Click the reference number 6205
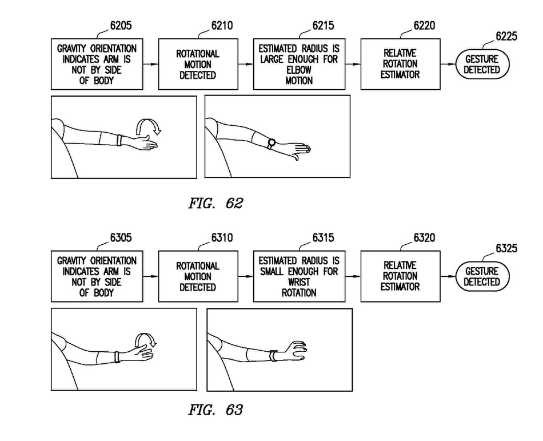tap(121, 26)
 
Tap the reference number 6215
tap(323, 26)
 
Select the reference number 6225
tap(506, 36)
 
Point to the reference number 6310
tap(222, 237)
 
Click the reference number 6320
tap(424, 237)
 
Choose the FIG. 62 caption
tap(215, 204)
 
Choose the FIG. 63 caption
tap(215, 410)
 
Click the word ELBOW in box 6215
tap(299, 70)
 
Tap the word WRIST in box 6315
tap(299, 282)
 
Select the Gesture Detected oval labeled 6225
tap(482, 65)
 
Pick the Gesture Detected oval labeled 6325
tap(482, 276)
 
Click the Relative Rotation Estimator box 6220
tap(400, 64)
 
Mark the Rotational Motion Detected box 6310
tap(198, 276)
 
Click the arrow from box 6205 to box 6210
tap(151, 64)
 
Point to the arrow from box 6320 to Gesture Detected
tap(448, 276)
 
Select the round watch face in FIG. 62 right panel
tap(271, 142)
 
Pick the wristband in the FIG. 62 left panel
tap(119, 140)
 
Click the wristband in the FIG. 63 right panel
tap(274, 356)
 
